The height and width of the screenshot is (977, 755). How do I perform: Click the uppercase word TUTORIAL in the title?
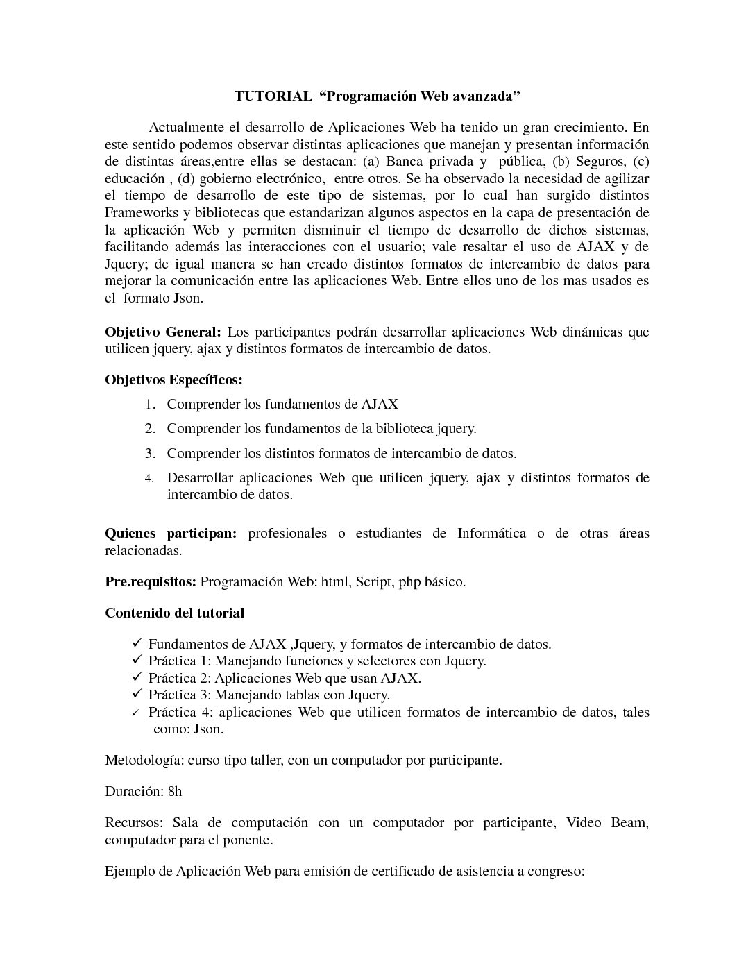[x=273, y=96]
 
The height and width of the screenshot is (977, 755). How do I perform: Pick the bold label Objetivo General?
[x=162, y=332]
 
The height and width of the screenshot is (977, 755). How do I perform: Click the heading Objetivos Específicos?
[x=173, y=380]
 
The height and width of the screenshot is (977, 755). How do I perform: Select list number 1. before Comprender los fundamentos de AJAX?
[x=151, y=405]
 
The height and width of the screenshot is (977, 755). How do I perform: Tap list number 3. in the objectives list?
[x=151, y=454]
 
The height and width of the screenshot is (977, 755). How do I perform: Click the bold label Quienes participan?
[x=171, y=533]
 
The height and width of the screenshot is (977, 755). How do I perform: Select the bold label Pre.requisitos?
[x=151, y=581]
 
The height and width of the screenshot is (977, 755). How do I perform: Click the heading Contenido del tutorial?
[x=174, y=613]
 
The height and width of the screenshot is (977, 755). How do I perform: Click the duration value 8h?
[x=175, y=791]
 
